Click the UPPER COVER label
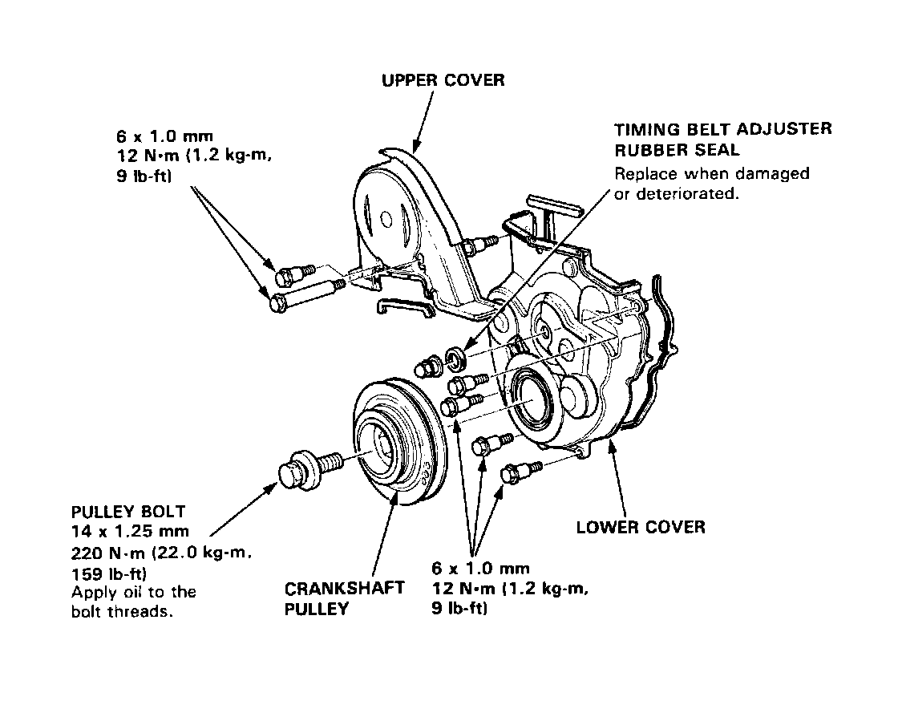pyautogui.click(x=443, y=80)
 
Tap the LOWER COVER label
pyautogui.click(x=641, y=527)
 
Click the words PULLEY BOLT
pyautogui.click(x=128, y=512)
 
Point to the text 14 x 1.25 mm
pyautogui.click(x=130, y=531)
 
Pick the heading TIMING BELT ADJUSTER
pyautogui.click(x=722, y=129)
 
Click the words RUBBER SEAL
pyautogui.click(x=676, y=150)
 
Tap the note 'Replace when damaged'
pyautogui.click(x=711, y=173)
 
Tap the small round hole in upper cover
pyautogui.click(x=386, y=218)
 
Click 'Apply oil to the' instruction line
pyautogui.click(x=133, y=593)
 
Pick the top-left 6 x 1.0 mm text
pyautogui.click(x=165, y=135)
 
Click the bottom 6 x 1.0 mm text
pyautogui.click(x=480, y=569)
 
